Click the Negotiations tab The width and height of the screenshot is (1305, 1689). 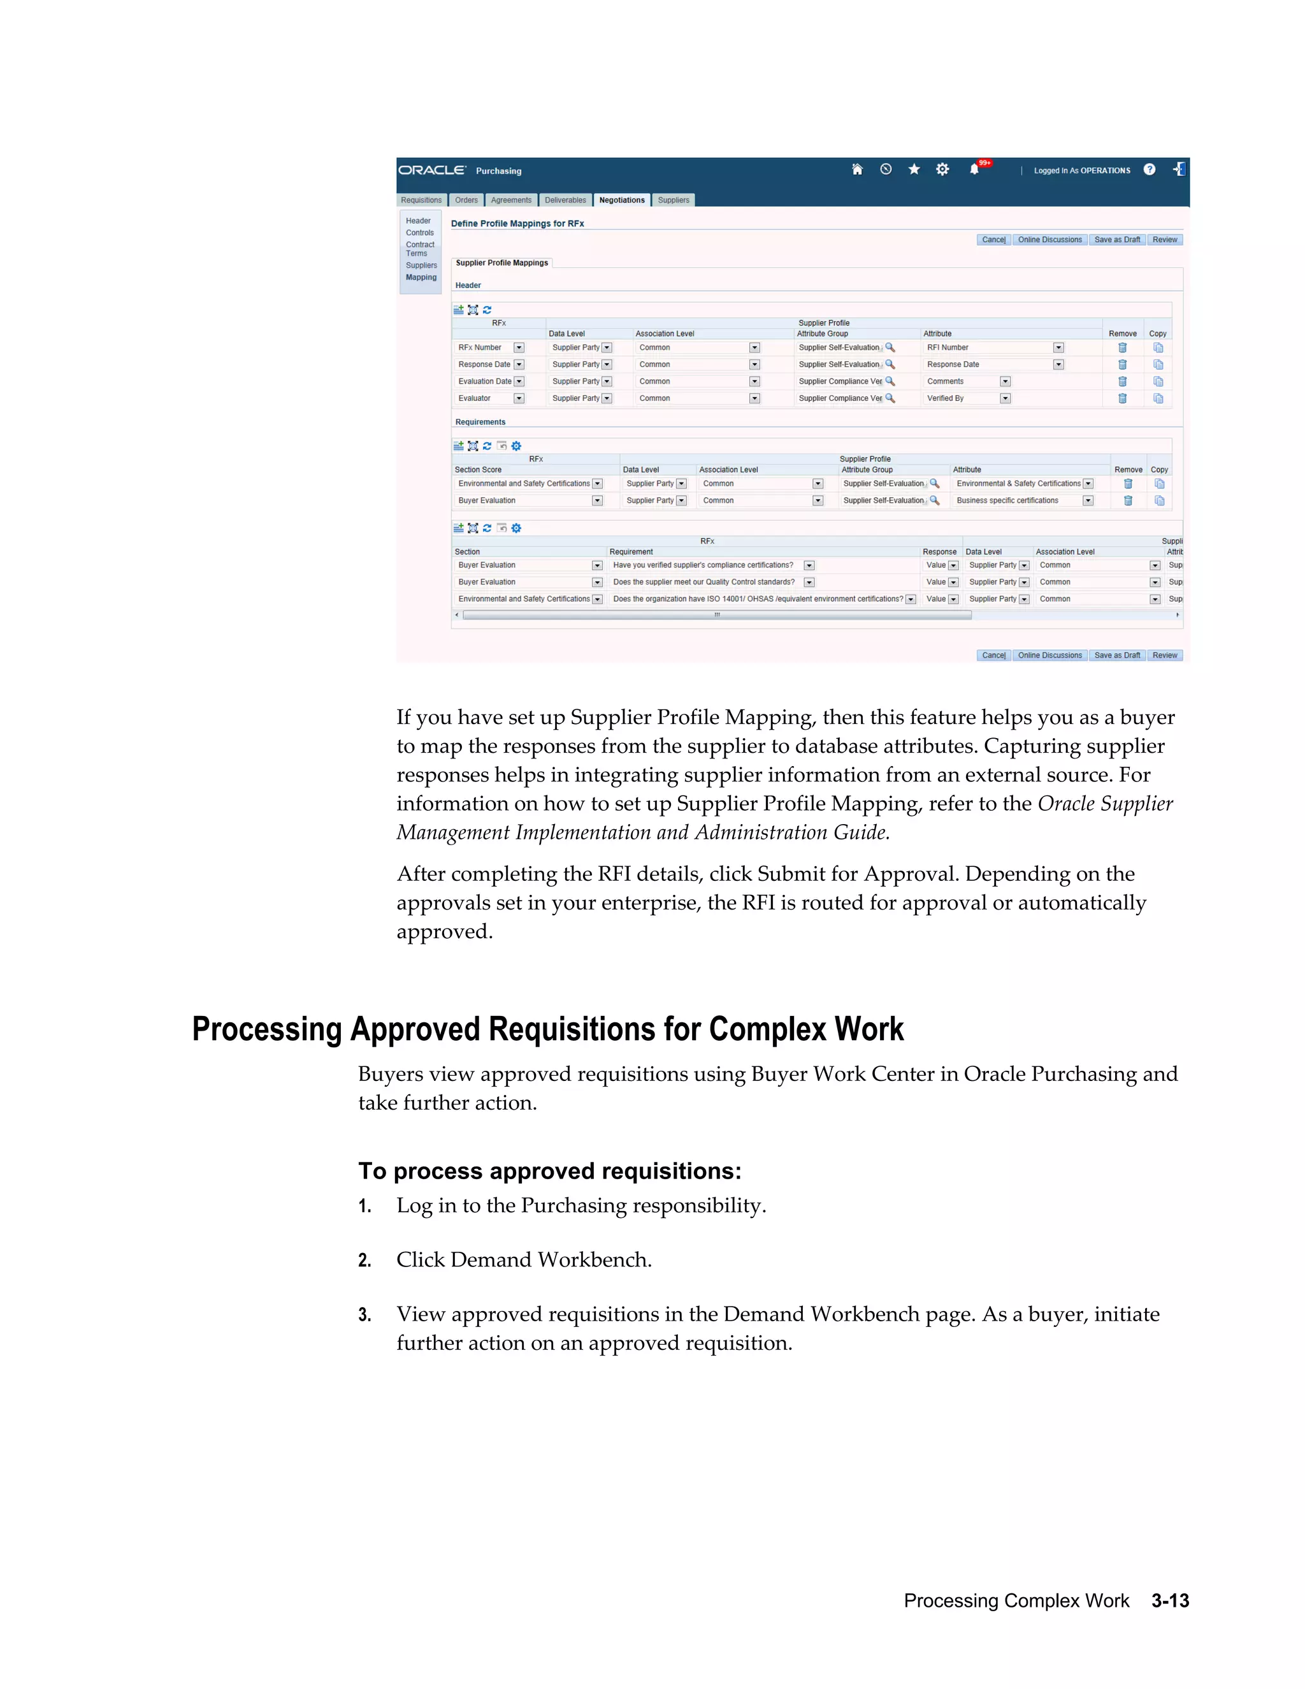pos(621,200)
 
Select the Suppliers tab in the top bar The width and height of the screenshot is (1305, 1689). pos(673,200)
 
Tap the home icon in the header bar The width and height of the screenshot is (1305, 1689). pos(856,170)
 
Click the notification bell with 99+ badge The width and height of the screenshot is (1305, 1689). pos(975,170)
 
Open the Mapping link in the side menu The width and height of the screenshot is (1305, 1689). pos(421,278)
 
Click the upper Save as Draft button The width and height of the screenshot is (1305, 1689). pos(1116,240)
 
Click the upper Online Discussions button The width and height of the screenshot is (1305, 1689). pos(1049,240)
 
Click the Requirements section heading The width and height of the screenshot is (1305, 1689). pos(480,422)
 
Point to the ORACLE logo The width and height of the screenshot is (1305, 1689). pos(431,170)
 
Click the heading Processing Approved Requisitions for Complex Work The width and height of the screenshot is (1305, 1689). pos(547,1030)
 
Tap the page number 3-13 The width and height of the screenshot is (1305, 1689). pos(1170,1601)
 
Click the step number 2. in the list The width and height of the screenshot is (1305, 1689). pos(365,1261)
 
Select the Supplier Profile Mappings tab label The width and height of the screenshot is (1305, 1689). pos(501,263)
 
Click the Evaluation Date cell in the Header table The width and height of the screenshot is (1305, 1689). pos(484,381)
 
